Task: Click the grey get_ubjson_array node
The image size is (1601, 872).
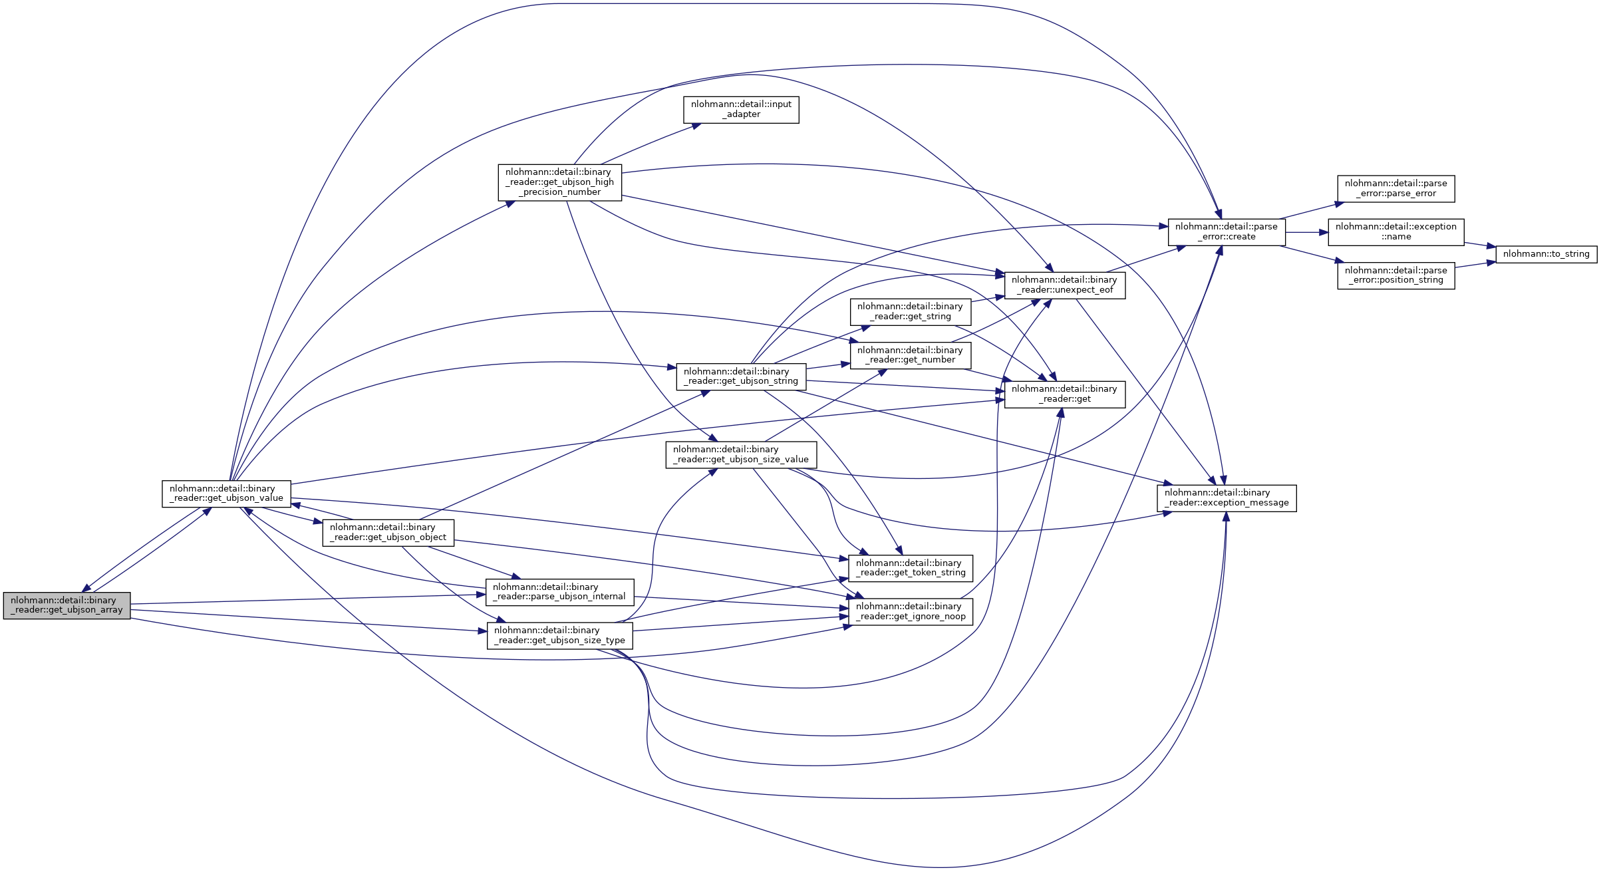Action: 67,605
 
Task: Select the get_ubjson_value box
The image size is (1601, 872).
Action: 226,494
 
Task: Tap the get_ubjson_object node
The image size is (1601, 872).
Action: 388,533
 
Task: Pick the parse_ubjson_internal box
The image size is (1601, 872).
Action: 559,592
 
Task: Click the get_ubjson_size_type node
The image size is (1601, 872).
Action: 559,635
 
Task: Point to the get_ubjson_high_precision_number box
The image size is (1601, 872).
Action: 559,182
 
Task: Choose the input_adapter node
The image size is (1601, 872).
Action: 741,110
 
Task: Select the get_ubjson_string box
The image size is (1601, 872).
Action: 740,376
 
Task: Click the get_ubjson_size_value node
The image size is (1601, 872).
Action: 740,455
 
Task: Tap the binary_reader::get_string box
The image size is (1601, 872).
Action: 910,311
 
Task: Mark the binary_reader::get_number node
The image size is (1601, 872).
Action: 910,355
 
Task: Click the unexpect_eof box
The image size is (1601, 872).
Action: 1064,285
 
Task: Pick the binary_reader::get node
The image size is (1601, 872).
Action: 1064,394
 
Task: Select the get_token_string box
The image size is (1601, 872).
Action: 910,568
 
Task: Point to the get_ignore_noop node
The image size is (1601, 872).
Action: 910,611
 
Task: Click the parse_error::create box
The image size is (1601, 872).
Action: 1226,231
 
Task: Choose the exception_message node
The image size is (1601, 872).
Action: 1226,498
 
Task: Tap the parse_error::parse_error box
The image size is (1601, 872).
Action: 1395,188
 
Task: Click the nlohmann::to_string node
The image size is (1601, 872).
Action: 1545,254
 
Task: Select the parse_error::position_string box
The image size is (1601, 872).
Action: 1395,275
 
